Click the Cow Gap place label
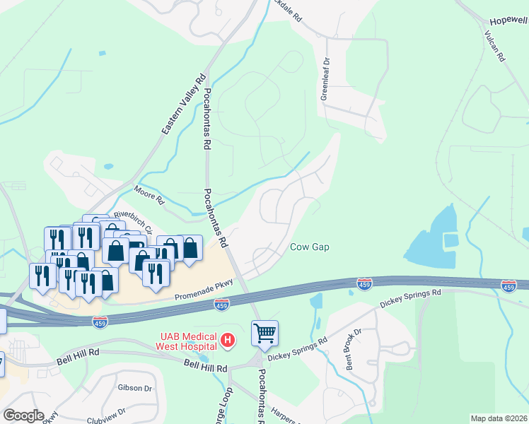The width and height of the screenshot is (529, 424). pos(309,247)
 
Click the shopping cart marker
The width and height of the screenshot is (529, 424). pos(264,332)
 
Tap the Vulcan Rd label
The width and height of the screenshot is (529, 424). pos(494,47)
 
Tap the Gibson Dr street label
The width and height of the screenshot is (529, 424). pos(136,388)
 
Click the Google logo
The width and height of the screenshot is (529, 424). pos(23,416)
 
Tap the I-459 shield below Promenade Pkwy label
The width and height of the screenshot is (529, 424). pos(221,305)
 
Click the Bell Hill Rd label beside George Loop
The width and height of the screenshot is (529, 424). pos(205,367)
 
